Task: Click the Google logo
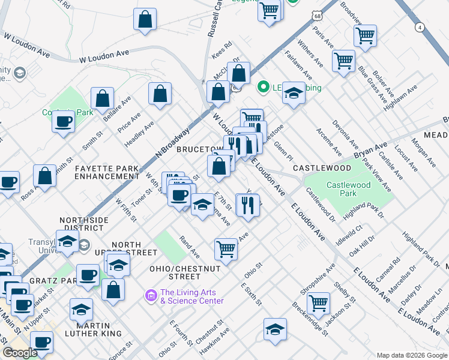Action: [20, 353]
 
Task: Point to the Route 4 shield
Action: [420, 28]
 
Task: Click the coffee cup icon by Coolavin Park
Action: [62, 121]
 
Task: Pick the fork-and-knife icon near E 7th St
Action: [248, 205]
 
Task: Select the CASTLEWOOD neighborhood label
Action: [322, 169]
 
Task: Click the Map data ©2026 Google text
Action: [412, 355]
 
